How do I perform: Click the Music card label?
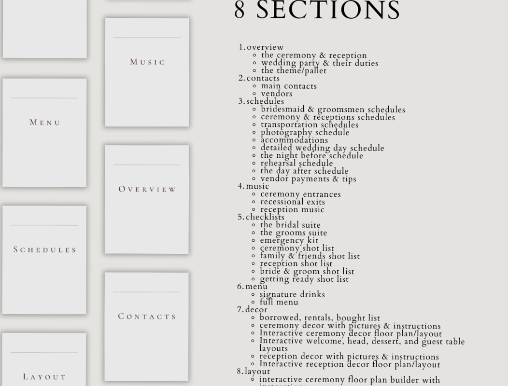point(147,62)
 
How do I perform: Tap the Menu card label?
point(45,123)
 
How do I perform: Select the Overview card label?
point(147,189)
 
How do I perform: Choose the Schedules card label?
point(45,250)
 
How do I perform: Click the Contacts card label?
point(147,317)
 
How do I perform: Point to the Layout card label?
point(44,377)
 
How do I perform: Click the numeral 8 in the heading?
point(240,11)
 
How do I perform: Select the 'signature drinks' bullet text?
point(292,294)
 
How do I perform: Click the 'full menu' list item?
point(279,302)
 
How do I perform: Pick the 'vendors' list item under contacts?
point(277,94)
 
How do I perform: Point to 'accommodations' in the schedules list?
point(294,140)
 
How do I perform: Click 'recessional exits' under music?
point(293,202)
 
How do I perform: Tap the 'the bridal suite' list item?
point(290,225)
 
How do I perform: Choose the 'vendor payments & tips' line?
point(308,179)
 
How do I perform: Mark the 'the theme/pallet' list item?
point(294,70)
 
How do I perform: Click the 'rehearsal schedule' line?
point(296,163)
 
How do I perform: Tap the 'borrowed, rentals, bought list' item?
point(320,317)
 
